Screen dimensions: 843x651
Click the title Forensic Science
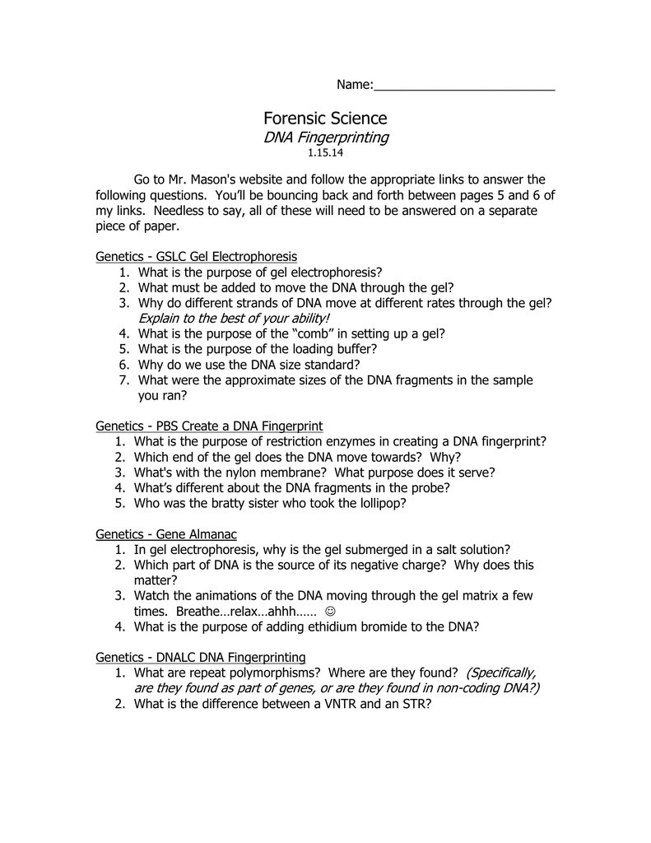pos(325,119)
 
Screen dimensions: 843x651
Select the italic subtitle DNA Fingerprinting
pos(326,137)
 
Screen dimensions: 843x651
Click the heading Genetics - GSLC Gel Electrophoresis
pos(196,257)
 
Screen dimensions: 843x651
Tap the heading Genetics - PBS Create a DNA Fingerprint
pos(209,426)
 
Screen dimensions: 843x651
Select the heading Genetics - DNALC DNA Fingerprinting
pos(201,657)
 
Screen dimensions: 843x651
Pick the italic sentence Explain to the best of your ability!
pos(234,318)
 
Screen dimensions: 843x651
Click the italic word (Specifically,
pos(500,673)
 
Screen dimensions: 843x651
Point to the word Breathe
pos(197,612)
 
